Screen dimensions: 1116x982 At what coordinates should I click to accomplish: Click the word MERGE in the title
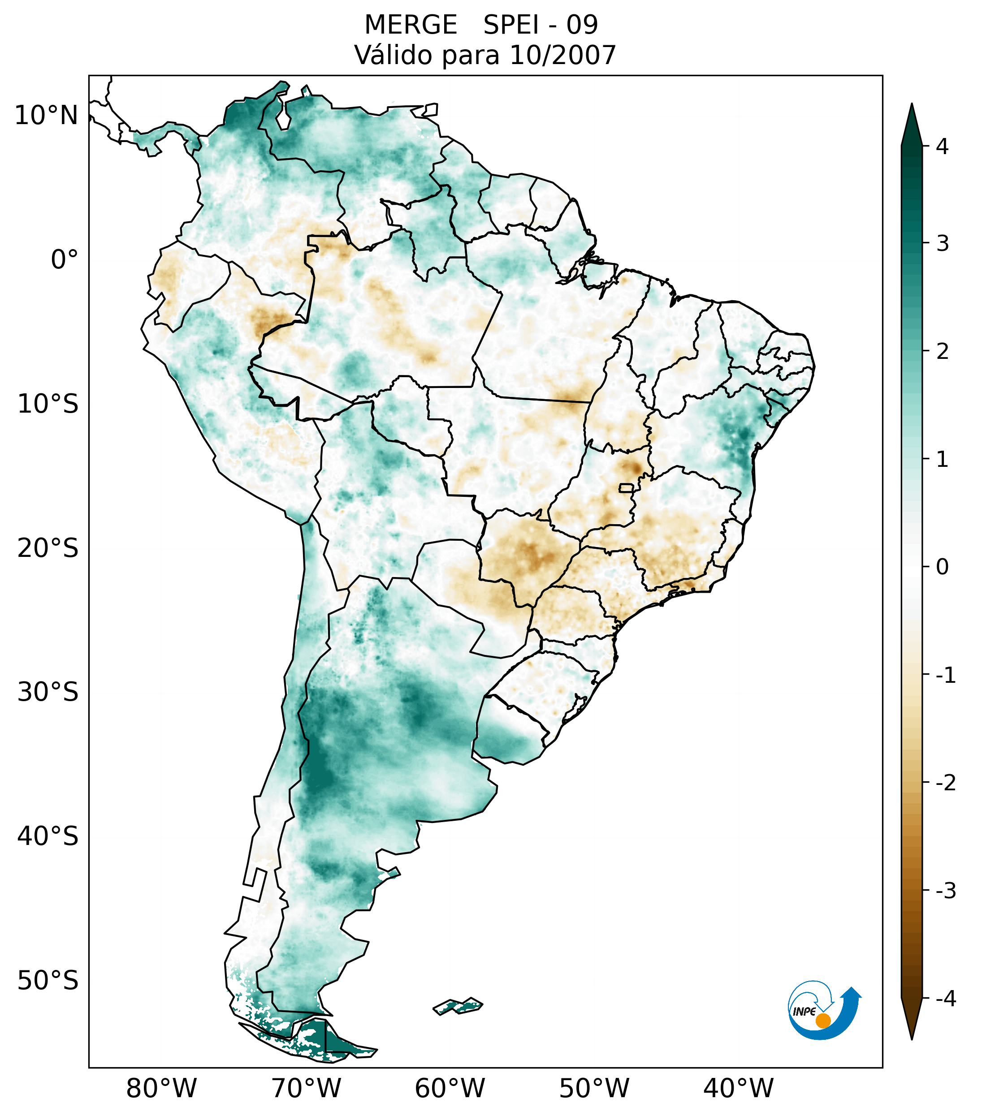(x=410, y=25)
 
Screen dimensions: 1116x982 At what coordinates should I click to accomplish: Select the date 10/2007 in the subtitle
(x=562, y=55)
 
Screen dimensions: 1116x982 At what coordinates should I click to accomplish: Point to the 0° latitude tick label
(x=64, y=260)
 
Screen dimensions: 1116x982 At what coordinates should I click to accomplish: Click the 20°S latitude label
(x=48, y=548)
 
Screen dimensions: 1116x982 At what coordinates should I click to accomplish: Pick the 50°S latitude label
(x=48, y=981)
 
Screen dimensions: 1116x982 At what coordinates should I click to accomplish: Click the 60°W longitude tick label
(x=450, y=1088)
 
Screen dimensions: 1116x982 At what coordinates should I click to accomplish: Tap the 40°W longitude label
(x=738, y=1088)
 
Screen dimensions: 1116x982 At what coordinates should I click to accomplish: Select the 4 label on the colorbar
(x=942, y=147)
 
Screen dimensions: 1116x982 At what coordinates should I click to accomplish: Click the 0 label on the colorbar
(x=942, y=567)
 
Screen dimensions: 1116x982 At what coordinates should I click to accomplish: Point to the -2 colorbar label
(x=945, y=784)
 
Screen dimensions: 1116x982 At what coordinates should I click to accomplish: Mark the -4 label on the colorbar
(x=945, y=999)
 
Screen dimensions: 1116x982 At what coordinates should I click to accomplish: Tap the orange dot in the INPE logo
(x=822, y=1021)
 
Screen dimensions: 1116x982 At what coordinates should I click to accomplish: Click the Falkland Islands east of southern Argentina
(x=458, y=1005)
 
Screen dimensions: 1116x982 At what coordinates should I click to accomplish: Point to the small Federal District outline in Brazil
(x=627, y=487)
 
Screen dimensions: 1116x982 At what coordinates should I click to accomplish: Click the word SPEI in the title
(x=509, y=25)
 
